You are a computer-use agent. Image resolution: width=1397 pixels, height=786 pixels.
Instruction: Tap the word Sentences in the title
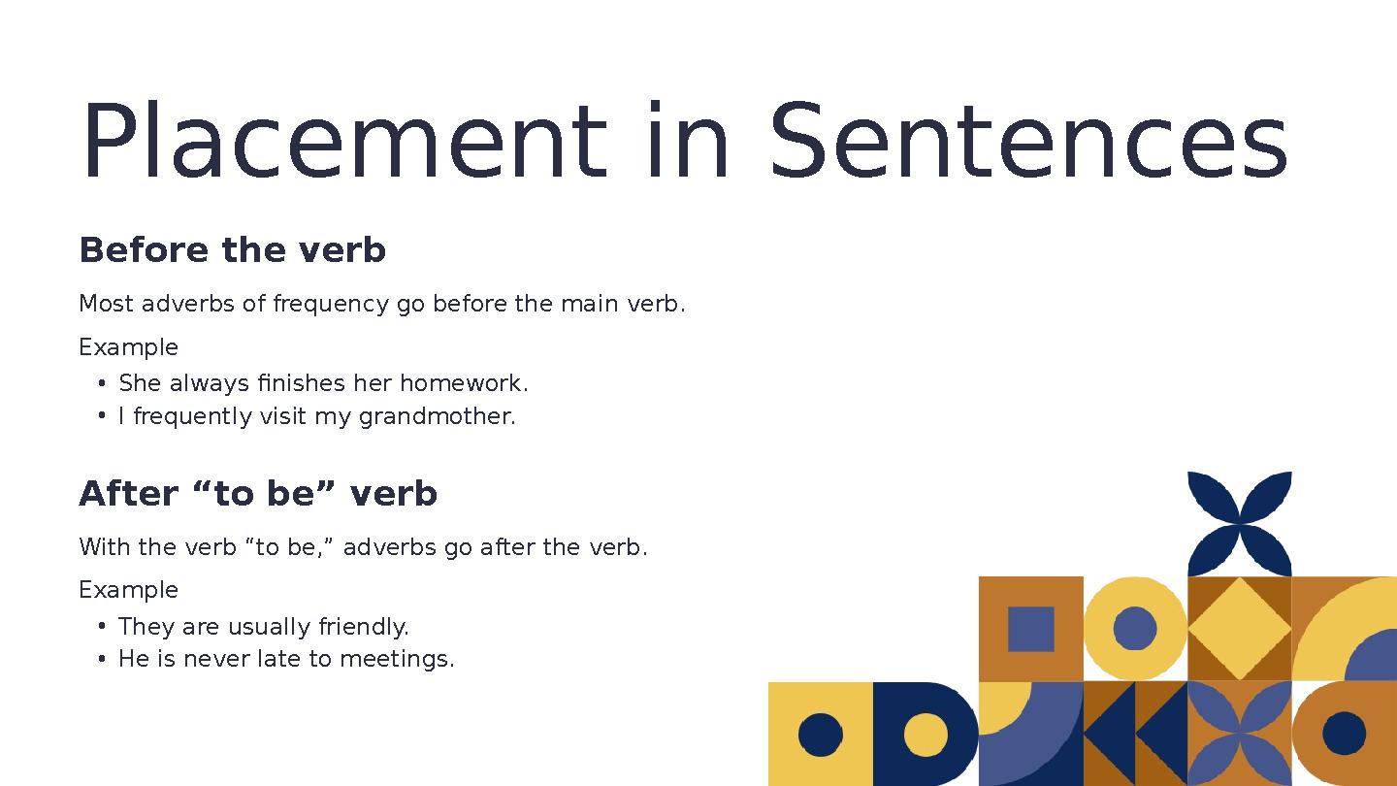[x=1027, y=144]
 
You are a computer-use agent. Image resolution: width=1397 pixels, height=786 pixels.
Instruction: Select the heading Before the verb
[x=232, y=250]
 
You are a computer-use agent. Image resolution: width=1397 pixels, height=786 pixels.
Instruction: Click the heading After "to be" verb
[x=257, y=494]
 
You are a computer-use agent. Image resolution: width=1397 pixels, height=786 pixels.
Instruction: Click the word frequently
[x=192, y=417]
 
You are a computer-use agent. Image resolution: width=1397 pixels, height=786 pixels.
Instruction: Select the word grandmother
[x=437, y=417]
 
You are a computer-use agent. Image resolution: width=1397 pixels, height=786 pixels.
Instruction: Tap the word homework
[x=463, y=384]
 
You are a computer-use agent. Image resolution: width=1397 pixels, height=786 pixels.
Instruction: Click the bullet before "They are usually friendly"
[x=102, y=627]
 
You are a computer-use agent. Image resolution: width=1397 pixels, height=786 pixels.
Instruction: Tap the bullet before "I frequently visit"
[x=102, y=417]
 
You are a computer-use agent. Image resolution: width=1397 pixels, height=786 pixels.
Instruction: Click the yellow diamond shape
[x=1239, y=629]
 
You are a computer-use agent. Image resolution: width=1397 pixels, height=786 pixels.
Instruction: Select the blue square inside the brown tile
[x=1030, y=629]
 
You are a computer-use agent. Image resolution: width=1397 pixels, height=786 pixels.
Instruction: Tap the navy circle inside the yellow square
[x=821, y=735]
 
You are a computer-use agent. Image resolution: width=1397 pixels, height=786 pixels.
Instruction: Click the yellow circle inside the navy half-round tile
[x=926, y=735]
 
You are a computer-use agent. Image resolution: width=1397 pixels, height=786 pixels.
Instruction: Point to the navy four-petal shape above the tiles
[x=1240, y=524]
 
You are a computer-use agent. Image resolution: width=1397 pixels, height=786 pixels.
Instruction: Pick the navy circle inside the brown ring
[x=1344, y=734]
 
